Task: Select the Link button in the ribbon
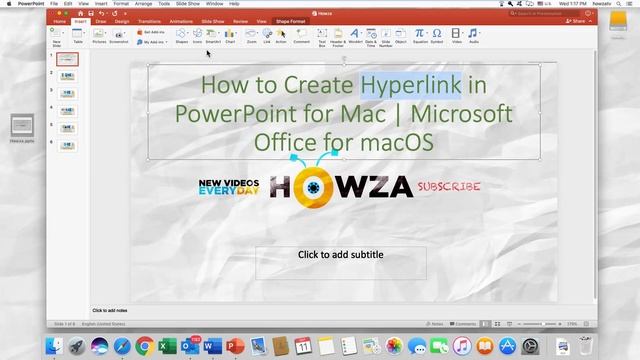[267, 35]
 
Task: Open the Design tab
[121, 19]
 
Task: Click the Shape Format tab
[293, 19]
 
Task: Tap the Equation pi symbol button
[420, 35]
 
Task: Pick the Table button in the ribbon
[78, 35]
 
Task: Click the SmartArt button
[212, 35]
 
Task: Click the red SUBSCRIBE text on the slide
[449, 186]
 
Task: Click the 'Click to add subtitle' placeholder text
[340, 255]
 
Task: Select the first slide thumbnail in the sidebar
[67, 60]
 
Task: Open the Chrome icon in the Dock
[145, 345]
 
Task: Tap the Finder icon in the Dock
[53, 345]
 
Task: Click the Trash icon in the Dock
[587, 345]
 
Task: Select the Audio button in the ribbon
[474, 35]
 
